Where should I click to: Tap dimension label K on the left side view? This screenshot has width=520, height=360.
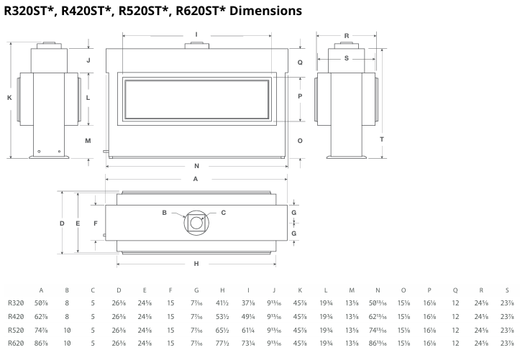click(9, 97)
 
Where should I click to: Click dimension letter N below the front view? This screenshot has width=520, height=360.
click(196, 167)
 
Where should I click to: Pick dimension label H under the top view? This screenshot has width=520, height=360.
click(196, 264)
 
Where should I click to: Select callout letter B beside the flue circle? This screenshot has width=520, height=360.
click(165, 213)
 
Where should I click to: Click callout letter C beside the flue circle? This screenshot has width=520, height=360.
click(223, 213)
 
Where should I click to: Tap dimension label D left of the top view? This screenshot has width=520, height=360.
click(62, 223)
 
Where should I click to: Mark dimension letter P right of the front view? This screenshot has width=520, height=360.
click(300, 96)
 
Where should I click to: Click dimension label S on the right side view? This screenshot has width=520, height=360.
click(346, 58)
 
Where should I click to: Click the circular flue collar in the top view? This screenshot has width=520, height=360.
click(196, 223)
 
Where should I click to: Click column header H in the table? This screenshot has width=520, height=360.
click(222, 290)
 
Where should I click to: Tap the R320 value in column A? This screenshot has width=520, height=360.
click(40, 303)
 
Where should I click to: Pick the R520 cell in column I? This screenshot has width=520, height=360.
click(248, 330)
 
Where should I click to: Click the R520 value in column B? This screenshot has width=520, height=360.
click(67, 330)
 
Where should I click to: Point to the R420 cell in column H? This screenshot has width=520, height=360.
click(222, 316)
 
